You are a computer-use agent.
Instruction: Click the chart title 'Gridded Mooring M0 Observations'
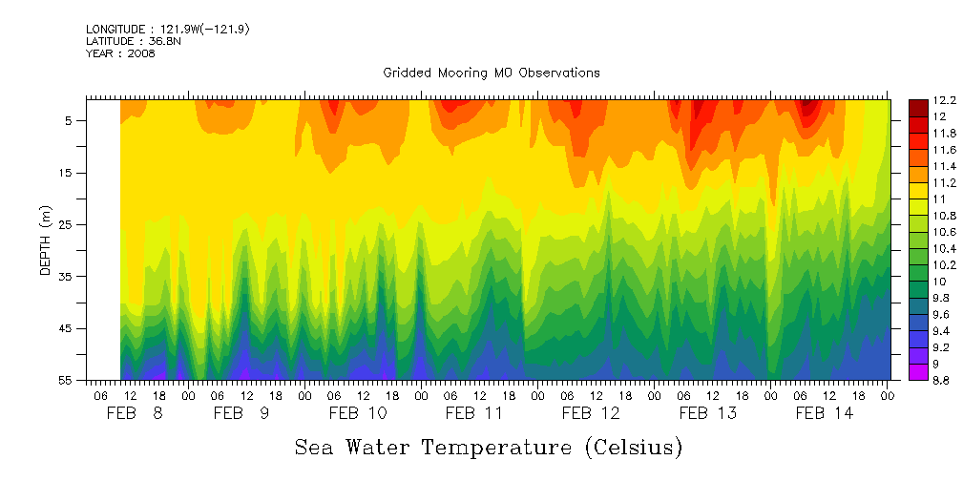(x=491, y=73)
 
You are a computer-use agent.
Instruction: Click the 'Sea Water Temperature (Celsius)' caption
(x=488, y=447)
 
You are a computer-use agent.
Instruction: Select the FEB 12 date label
(x=591, y=413)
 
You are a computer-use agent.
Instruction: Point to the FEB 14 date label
(x=825, y=413)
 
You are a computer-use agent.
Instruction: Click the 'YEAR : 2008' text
(x=120, y=53)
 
